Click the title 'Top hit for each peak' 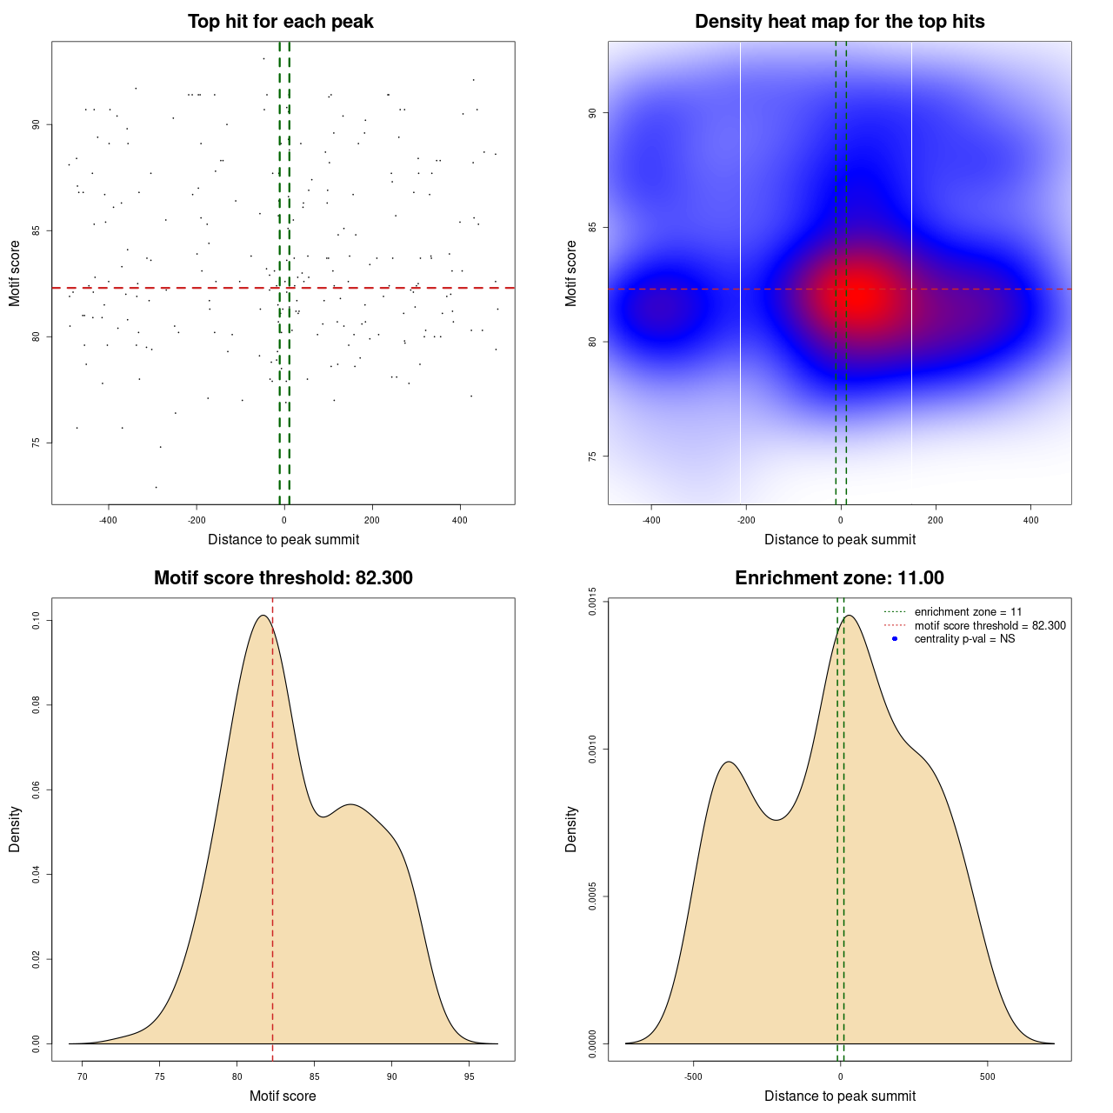point(280,22)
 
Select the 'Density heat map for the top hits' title point(839,22)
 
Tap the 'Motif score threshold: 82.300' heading point(283,578)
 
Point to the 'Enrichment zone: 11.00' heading point(839,578)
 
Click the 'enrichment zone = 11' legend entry point(968,612)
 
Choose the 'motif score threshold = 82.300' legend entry point(990,626)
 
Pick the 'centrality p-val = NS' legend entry point(964,639)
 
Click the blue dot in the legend point(895,639)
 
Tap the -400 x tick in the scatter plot point(108,520)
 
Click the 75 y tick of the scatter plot point(37,443)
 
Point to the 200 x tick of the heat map point(936,520)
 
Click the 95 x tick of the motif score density point(470,1076)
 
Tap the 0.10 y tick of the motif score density point(37,620)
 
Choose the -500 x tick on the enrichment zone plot point(693,1076)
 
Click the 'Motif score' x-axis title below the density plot point(283,1096)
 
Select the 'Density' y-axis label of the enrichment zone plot point(571,829)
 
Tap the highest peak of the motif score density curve point(262,616)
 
